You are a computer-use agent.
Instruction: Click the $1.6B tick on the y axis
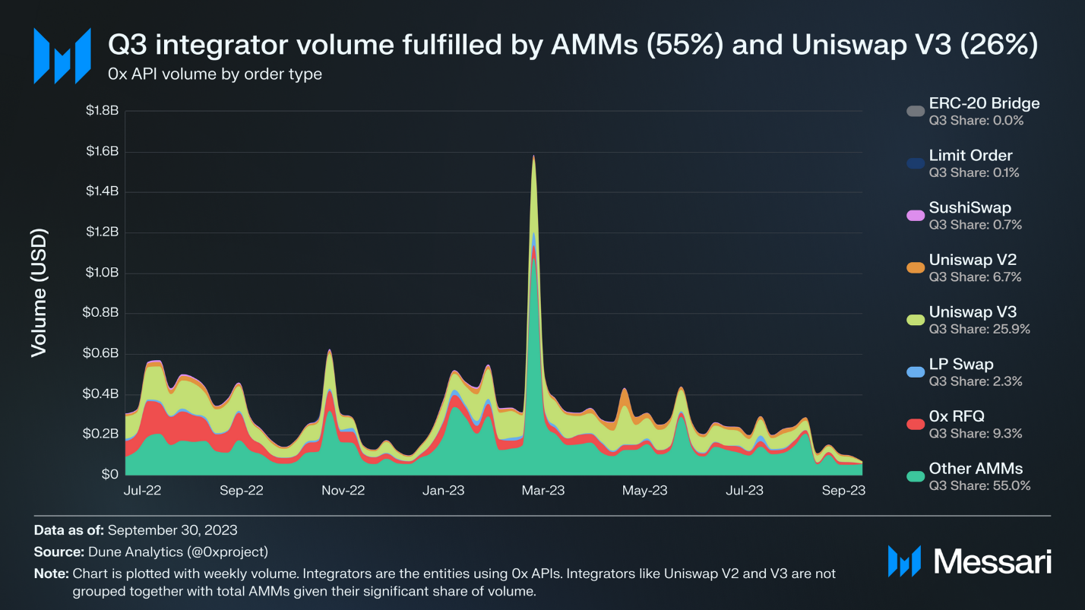[x=103, y=152]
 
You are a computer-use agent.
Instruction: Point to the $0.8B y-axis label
[x=103, y=313]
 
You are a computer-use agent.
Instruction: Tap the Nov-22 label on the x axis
[x=343, y=491]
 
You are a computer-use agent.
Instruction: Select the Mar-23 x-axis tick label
[x=543, y=491]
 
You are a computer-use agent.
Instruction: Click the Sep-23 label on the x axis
[x=844, y=491]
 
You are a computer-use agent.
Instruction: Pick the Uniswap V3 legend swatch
[x=916, y=320]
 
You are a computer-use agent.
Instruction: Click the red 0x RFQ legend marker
[x=916, y=424]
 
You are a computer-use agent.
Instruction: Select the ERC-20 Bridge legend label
[x=984, y=103]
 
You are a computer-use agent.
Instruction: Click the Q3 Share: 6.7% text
[x=975, y=277]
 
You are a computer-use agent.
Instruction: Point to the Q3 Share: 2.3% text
[x=975, y=381]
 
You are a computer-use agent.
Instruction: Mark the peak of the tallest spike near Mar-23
[x=534, y=156]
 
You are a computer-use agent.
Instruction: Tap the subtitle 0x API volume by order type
[x=215, y=74]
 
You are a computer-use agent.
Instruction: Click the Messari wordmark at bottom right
[x=992, y=561]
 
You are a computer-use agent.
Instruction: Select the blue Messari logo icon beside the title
[x=62, y=55]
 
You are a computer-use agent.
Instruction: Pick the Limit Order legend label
[x=970, y=156]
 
